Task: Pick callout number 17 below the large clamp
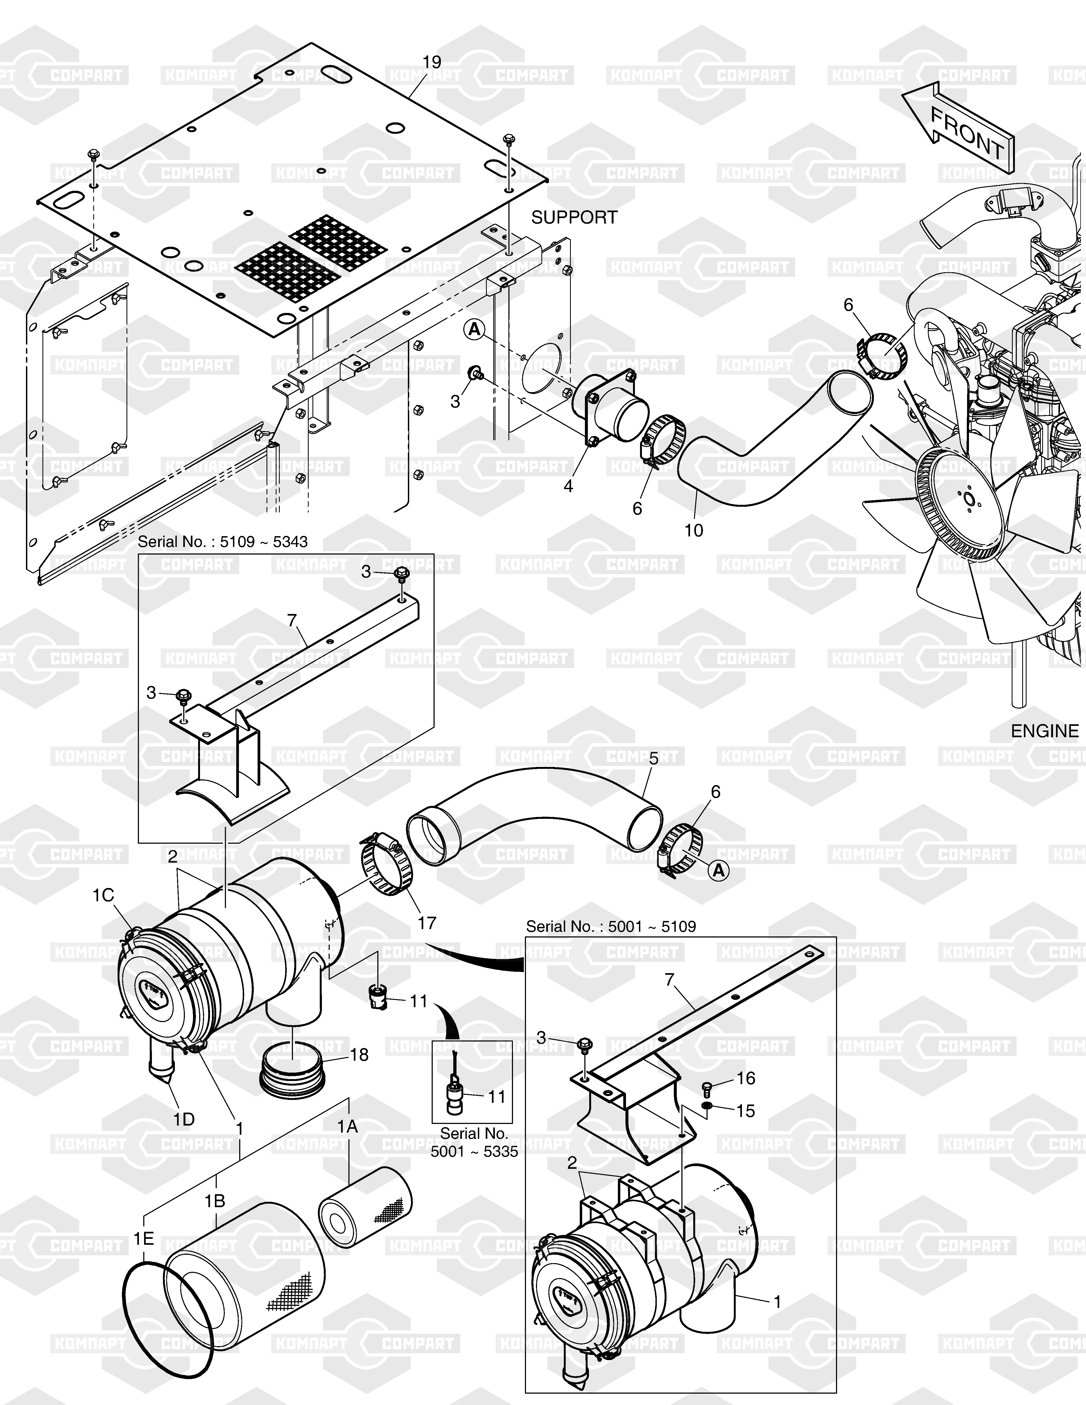click(427, 923)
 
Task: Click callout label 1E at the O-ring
click(144, 1238)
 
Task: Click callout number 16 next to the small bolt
click(746, 1078)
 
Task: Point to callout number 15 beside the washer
click(746, 1111)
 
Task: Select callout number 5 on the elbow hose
click(654, 759)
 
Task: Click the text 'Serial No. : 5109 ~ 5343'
click(223, 542)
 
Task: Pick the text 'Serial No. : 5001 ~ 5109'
click(611, 926)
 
